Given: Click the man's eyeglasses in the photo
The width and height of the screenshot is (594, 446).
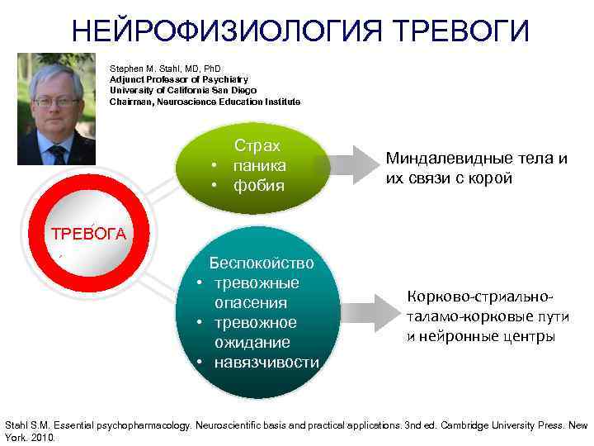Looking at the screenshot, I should [55, 102].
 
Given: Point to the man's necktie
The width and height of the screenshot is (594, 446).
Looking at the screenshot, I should [58, 153].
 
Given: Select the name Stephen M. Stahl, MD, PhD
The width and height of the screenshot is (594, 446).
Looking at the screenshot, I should [165, 69].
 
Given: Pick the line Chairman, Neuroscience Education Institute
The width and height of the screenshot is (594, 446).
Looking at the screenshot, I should [205, 102].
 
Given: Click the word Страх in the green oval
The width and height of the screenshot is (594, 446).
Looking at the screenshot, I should [257, 145].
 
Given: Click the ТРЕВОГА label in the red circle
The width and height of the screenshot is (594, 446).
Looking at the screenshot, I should [88, 233].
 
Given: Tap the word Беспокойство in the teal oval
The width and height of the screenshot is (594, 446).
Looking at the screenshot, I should [261, 263].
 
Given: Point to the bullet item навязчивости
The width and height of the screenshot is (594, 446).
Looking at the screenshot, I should [266, 362].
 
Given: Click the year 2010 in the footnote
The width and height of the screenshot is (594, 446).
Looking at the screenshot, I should [40, 438].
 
